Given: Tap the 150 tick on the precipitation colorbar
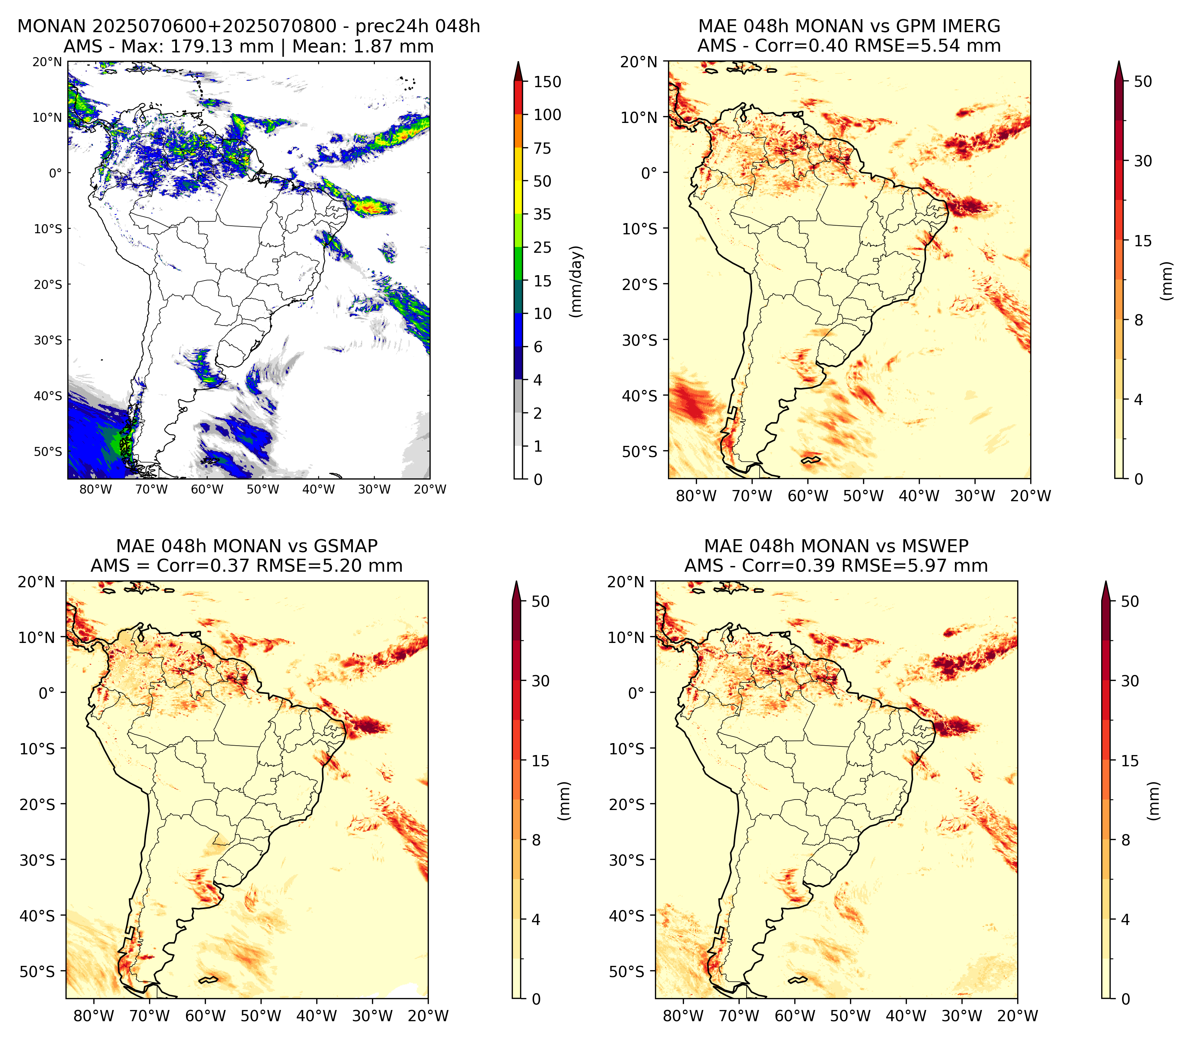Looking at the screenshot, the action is click(x=548, y=82).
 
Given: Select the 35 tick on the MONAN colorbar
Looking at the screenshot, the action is click(x=542, y=214).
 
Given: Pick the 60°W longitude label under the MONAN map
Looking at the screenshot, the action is click(x=207, y=489).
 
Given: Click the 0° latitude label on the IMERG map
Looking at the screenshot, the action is click(x=650, y=173).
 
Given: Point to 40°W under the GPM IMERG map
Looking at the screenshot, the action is click(x=919, y=496).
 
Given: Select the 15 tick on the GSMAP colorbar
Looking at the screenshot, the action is click(x=540, y=761).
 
